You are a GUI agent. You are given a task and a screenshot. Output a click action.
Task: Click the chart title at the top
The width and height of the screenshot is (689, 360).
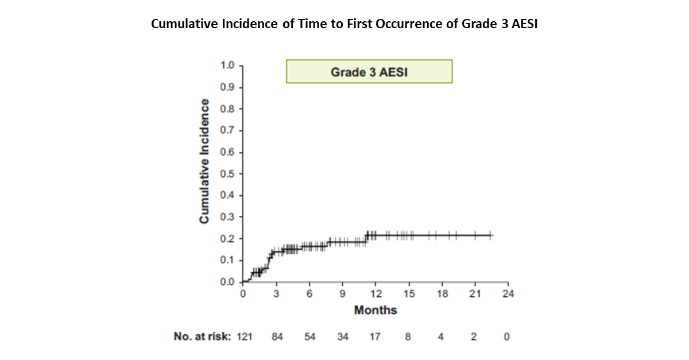point(344,24)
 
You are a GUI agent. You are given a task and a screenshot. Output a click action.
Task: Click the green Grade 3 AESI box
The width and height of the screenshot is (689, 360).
point(369,71)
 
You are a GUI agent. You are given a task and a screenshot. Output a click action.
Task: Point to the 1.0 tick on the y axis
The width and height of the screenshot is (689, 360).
point(227,65)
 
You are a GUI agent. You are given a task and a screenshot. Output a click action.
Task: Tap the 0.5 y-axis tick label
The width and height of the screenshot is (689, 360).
point(227,174)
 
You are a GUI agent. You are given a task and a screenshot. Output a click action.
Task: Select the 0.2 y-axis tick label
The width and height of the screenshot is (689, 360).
point(227,239)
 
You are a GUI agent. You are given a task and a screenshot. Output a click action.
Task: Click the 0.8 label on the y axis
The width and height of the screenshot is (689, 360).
point(227,109)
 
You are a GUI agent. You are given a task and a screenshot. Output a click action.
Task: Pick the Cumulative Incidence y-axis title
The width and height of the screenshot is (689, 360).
point(204,161)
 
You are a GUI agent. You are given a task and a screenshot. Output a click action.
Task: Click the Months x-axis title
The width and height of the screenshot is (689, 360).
point(376,310)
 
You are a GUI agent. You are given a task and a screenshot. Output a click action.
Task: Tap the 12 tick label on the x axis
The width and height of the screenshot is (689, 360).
point(376,294)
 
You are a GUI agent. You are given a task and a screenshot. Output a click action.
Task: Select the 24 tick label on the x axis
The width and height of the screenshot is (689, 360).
point(508,294)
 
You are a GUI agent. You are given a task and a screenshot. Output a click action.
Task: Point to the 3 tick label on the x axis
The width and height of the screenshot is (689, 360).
point(276,294)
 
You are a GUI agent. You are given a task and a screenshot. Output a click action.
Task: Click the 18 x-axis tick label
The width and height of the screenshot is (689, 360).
point(442,294)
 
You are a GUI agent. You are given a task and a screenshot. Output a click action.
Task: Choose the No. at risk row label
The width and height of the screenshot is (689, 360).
point(202,336)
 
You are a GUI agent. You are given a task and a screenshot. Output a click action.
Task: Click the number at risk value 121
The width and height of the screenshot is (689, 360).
point(245,336)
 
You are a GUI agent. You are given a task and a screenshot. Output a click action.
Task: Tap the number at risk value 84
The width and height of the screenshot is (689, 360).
point(277,336)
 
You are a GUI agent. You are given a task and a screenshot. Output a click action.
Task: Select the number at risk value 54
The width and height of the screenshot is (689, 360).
point(309,336)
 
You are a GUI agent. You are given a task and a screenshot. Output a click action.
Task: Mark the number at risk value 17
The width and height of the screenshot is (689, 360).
point(375,336)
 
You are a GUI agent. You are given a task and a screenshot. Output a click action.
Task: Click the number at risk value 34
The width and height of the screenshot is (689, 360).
point(343,336)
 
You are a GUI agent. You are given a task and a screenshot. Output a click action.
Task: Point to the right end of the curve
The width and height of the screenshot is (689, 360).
point(493,235)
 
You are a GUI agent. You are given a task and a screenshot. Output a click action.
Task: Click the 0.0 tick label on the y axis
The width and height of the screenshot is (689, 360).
point(227,282)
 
